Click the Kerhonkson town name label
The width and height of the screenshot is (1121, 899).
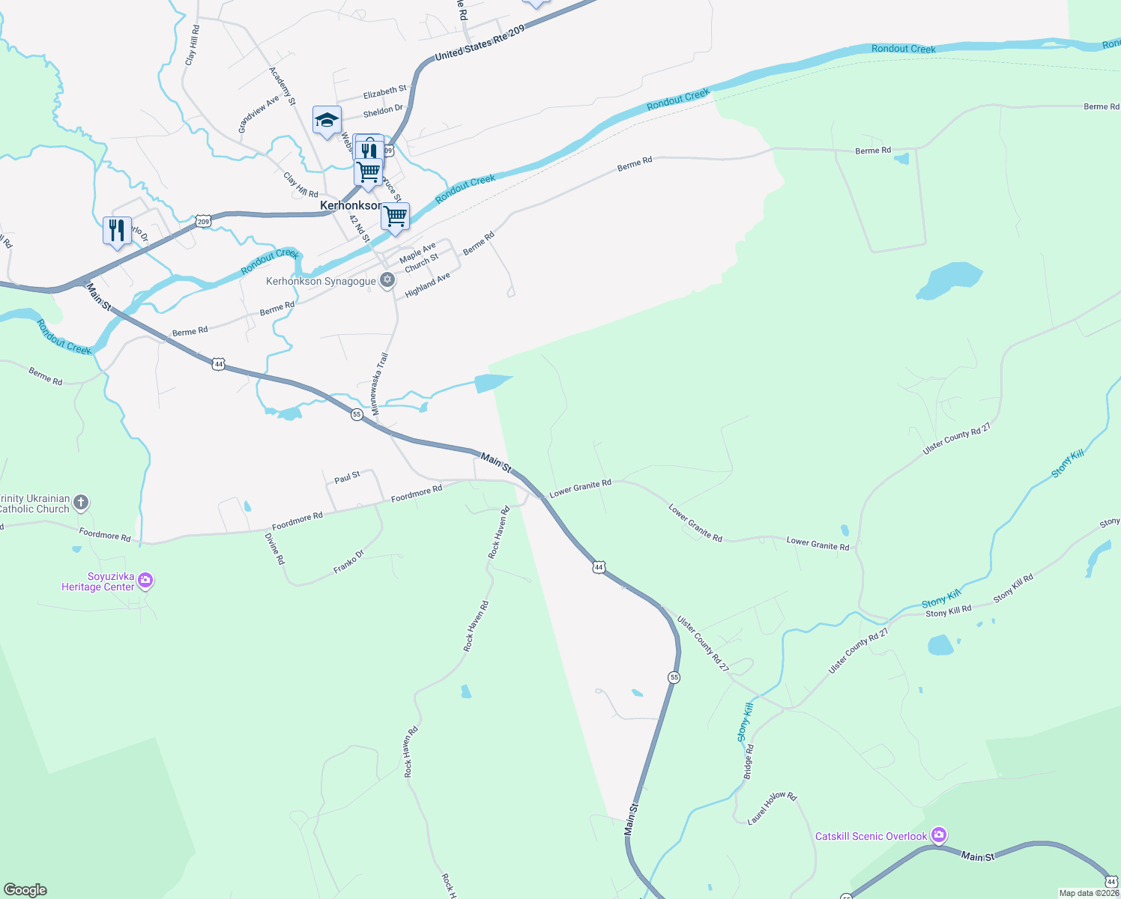coord(350,205)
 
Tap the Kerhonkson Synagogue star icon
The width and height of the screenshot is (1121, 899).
coord(387,281)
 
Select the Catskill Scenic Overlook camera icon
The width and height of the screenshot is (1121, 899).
coord(939,835)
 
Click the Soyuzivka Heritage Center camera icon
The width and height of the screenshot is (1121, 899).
coord(145,581)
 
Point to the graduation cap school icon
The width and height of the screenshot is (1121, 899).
coord(327,120)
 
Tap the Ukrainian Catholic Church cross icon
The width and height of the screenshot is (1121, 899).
coord(81,503)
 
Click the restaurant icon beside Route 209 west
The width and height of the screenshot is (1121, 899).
coord(117,230)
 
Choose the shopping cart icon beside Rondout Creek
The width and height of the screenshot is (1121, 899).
coord(395,217)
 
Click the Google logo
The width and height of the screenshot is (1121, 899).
coord(25,890)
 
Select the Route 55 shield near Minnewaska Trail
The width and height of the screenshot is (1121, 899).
coord(357,414)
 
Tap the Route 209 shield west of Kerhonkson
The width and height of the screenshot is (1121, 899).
coord(203,221)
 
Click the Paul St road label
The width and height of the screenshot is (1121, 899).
coord(347,477)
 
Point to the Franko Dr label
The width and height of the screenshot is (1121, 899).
coord(348,562)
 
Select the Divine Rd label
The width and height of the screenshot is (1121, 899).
coord(275,548)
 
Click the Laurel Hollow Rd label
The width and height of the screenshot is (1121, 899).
coord(772,808)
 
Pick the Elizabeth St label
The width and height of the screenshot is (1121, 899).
coord(384,92)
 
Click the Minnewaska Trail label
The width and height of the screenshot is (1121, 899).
coord(380,384)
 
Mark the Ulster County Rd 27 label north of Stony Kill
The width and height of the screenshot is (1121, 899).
coord(956,438)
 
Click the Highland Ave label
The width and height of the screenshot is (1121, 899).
coord(427,285)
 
